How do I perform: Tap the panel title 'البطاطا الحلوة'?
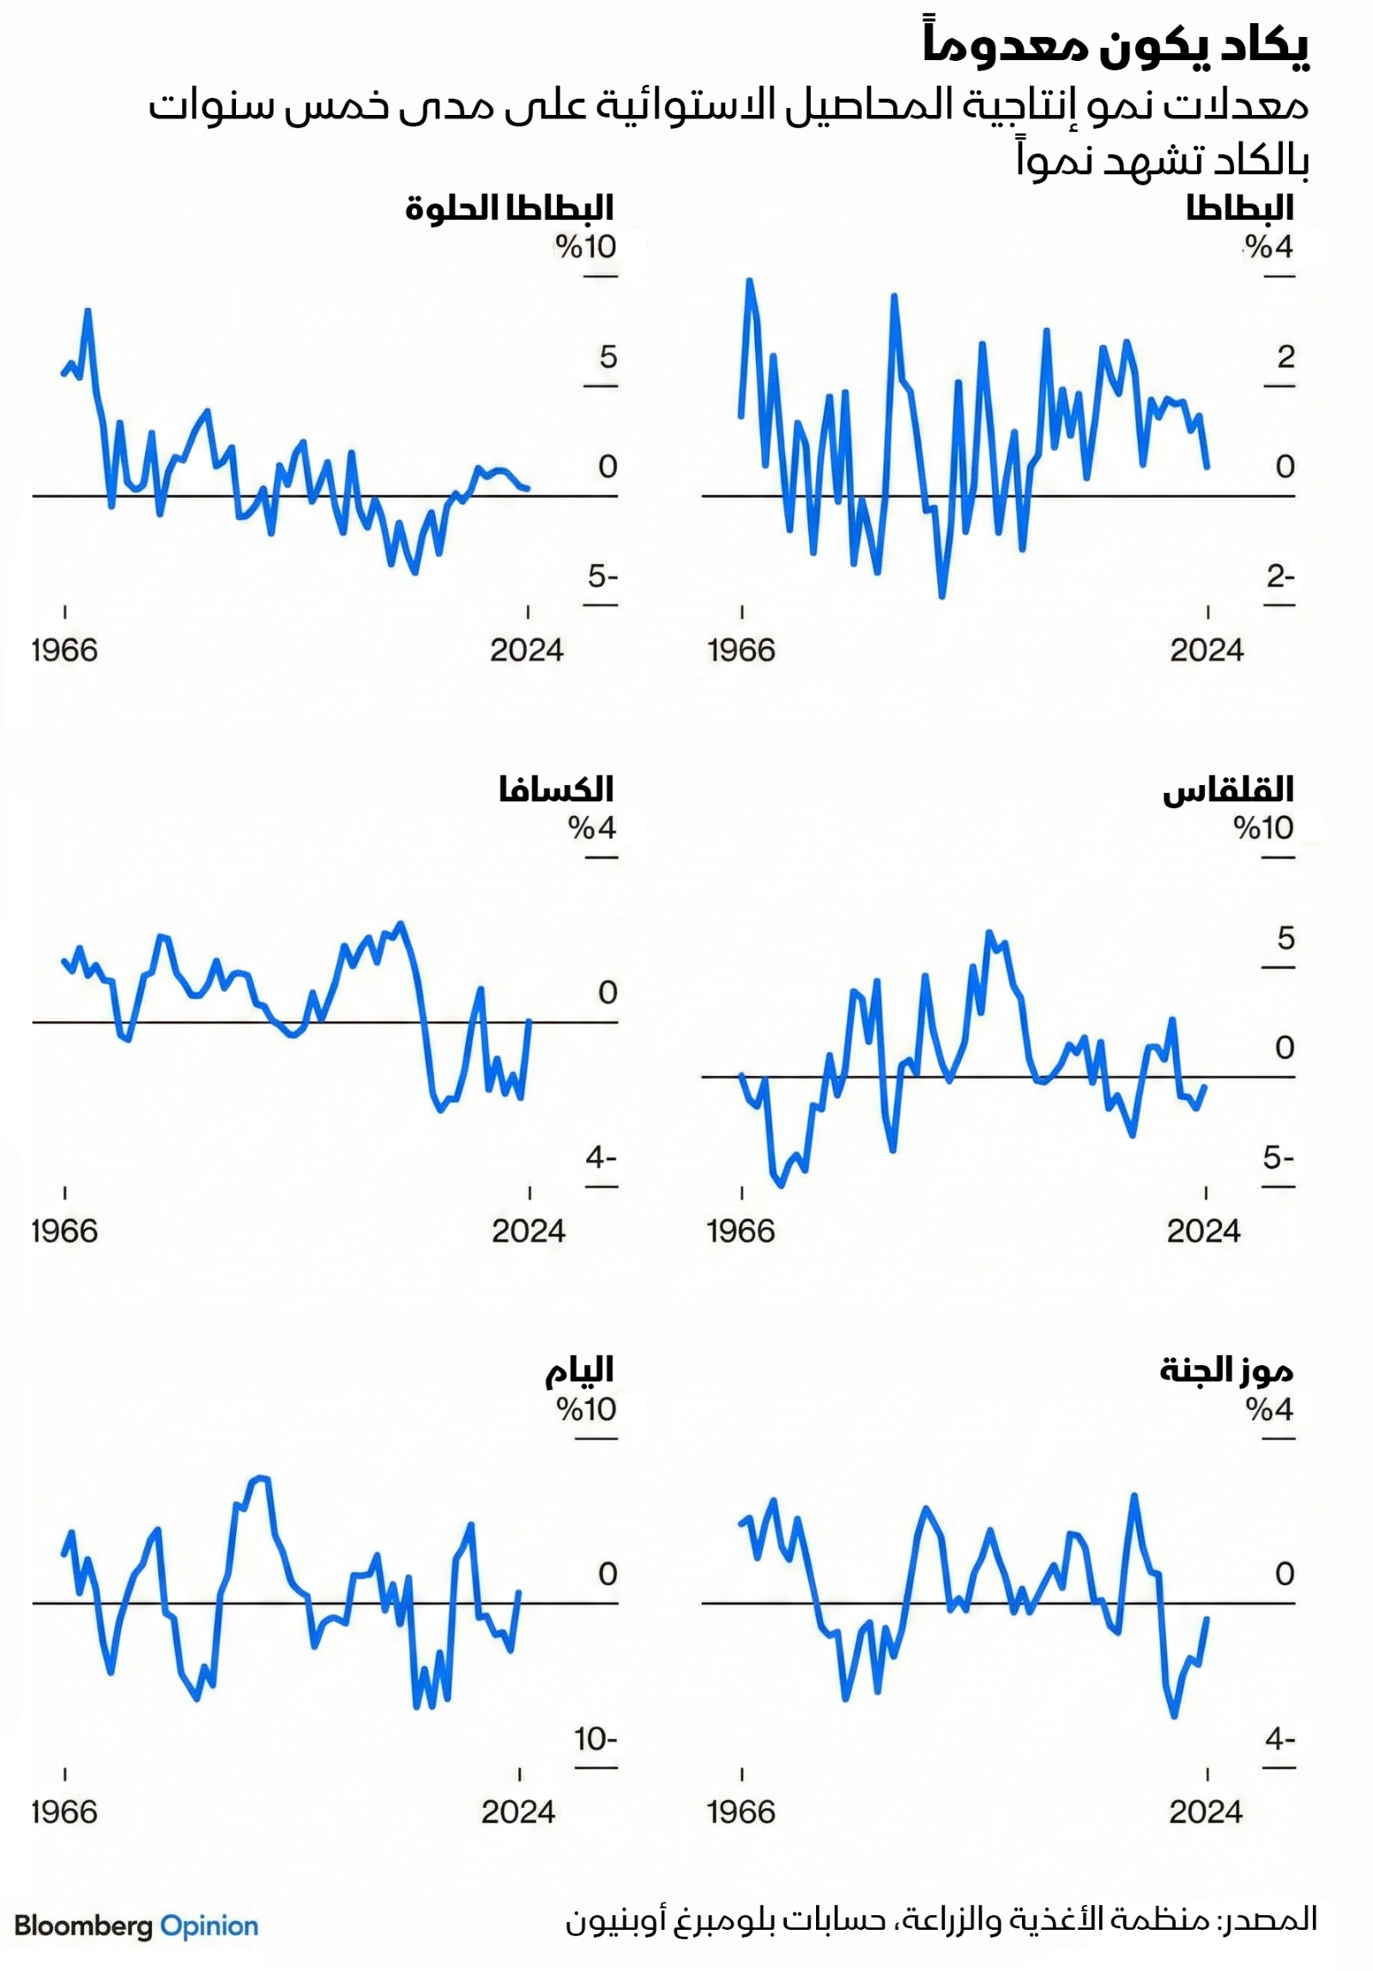(x=509, y=208)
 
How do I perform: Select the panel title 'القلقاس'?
(x=1227, y=789)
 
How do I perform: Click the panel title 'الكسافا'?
(x=555, y=789)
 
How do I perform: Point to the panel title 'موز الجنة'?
(x=1225, y=1371)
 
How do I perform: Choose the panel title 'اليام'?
(x=579, y=1371)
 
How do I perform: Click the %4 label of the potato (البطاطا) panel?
(x=1268, y=247)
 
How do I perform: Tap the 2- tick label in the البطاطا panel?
(x=1279, y=576)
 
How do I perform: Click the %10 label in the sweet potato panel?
(x=585, y=247)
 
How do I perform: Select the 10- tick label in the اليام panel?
(x=595, y=1739)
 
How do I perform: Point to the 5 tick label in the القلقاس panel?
(x=1285, y=937)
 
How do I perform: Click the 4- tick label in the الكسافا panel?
(x=601, y=1158)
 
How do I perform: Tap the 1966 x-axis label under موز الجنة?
(x=741, y=1812)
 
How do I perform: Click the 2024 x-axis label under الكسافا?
(x=528, y=1231)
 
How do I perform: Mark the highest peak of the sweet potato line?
(x=88, y=310)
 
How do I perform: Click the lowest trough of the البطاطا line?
(x=942, y=595)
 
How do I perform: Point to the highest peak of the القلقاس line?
(x=989, y=932)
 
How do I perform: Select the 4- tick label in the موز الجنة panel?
(x=1279, y=1739)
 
